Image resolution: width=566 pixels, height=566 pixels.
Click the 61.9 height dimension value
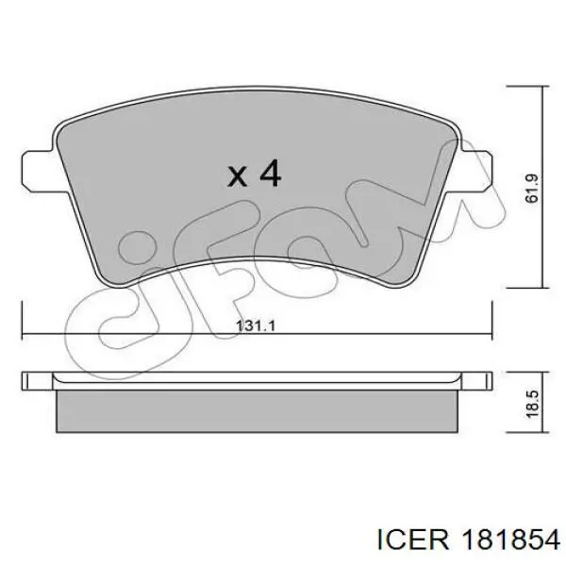click(532, 189)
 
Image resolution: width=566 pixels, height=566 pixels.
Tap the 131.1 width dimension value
click(256, 326)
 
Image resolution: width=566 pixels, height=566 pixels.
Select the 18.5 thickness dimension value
click(532, 404)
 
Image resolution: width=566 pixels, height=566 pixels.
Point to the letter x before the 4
click(237, 176)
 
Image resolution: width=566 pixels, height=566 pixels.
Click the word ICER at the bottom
click(413, 540)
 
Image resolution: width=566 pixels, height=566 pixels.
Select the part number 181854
click(510, 540)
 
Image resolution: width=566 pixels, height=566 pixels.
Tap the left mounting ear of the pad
click(39, 171)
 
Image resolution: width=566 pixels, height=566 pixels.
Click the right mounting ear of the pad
click(473, 171)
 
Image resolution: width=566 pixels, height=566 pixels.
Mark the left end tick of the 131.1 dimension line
click(23, 321)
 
